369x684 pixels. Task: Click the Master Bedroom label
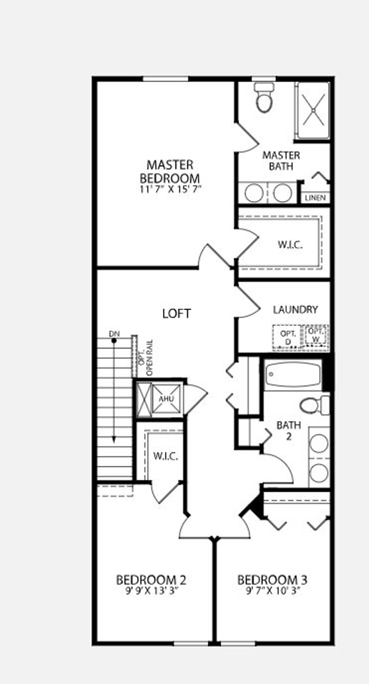coord(170,171)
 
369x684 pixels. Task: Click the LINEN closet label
coord(315,198)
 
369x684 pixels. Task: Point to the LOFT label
coord(176,313)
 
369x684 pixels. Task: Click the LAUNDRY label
coord(295,310)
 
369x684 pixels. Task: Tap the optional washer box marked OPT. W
coord(316,335)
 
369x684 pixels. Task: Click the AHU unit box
coord(166,399)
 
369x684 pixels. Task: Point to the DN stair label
coord(114,334)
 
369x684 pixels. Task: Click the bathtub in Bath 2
coord(293,374)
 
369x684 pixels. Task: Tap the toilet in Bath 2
coord(314,405)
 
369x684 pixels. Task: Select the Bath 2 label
coord(289,430)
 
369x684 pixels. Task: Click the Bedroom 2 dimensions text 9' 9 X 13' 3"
coord(151,590)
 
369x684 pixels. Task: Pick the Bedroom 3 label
coord(272,580)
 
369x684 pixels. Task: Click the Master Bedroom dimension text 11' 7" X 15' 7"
coord(170,189)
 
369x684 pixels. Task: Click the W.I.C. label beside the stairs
coord(165,456)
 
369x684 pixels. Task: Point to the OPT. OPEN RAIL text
coord(146,358)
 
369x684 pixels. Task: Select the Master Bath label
coord(281,161)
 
